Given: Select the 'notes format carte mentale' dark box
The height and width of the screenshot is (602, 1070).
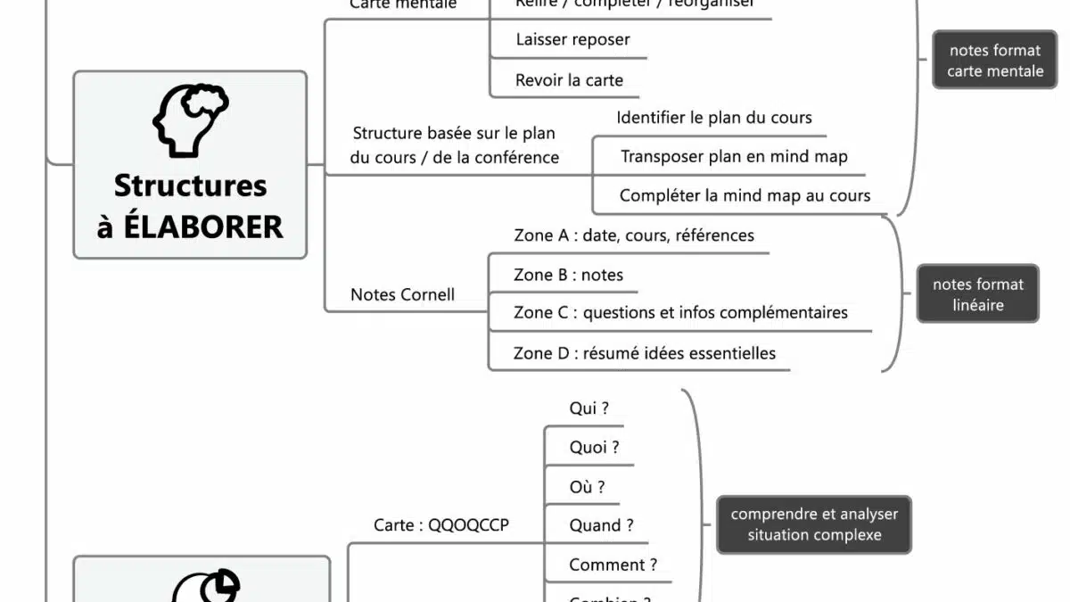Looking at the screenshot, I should point(994,61).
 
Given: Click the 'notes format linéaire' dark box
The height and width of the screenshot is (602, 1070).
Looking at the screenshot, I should point(977,294).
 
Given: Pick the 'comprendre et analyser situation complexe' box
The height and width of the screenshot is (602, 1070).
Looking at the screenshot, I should point(814,524).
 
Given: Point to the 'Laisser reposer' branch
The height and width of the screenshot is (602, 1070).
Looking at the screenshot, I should point(572,40).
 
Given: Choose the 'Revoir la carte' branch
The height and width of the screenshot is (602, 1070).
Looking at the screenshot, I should point(569,80).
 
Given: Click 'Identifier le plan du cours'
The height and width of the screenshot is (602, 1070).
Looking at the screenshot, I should point(713,118).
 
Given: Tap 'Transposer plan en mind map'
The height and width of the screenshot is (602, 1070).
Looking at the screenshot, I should point(734,157).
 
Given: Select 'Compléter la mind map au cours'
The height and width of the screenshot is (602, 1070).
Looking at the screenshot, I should point(745,196).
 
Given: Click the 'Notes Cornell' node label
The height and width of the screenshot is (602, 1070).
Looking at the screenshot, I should point(402,295).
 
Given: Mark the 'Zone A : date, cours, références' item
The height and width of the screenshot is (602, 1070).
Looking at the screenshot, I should point(633,235).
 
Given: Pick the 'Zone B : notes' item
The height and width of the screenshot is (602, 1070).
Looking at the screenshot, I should point(568,275).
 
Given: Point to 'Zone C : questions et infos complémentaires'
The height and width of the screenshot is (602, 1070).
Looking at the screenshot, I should point(680,313).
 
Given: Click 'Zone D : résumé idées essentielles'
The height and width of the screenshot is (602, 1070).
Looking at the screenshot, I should point(644,353).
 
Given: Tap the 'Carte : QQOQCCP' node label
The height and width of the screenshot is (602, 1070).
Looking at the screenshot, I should point(441,525).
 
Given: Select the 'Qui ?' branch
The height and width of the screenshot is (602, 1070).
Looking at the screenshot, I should point(588,408).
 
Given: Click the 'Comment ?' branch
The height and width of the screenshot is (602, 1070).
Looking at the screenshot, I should point(613,565).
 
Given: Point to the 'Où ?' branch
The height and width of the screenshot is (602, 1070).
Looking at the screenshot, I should point(587,487).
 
